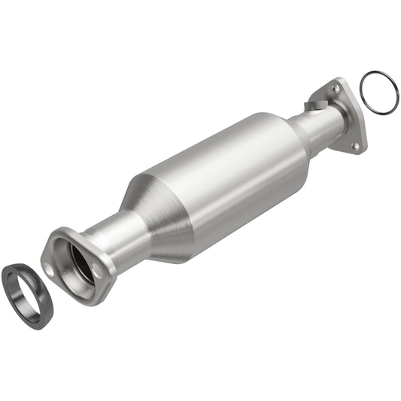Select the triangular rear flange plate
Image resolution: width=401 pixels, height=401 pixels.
[x=346, y=113]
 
